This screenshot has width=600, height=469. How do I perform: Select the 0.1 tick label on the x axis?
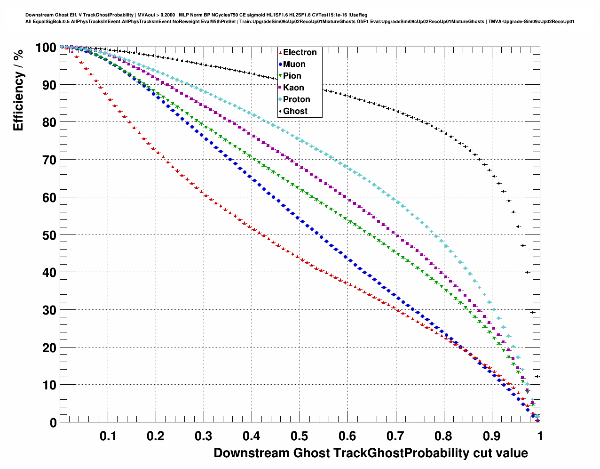point(108,436)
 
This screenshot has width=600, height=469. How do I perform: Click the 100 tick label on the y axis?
point(46,48)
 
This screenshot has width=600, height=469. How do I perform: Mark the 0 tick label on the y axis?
point(53,423)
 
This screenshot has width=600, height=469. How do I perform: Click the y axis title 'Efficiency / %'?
point(18,90)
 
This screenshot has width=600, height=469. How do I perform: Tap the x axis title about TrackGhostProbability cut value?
point(371,453)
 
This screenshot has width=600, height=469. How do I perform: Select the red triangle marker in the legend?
point(280,52)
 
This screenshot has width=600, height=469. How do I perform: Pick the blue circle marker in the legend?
point(280,64)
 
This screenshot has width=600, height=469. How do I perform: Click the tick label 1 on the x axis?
point(540,436)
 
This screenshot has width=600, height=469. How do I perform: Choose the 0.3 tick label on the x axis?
point(204,436)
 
